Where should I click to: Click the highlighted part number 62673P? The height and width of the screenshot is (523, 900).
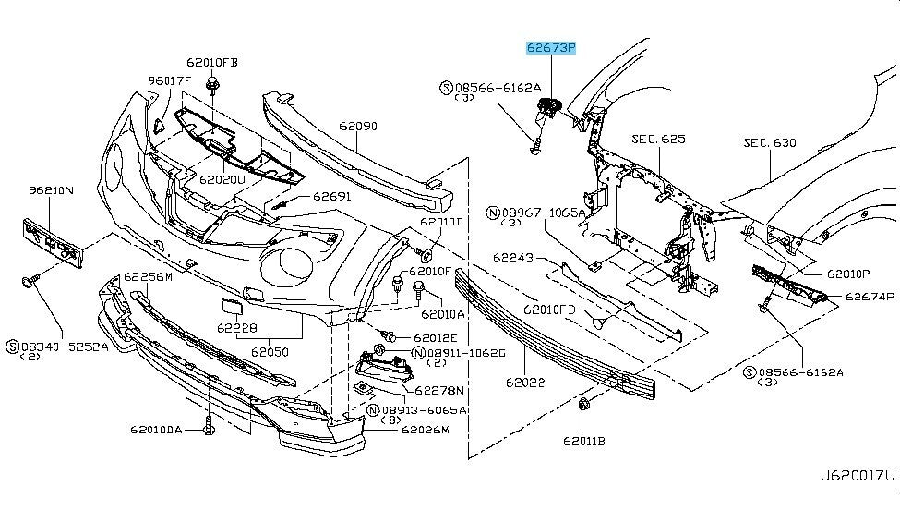pos(550,46)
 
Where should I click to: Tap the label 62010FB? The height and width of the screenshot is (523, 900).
pos(212,63)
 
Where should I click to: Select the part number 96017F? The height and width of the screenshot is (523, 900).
pos(168,80)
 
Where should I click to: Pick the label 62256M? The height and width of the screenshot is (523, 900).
pos(149,276)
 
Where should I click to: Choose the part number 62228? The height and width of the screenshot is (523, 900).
pos(237,328)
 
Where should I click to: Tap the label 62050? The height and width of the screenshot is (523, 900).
pos(271,351)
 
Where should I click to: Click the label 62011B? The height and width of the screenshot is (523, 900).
pos(587,441)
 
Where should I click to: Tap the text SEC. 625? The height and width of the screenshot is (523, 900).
pos(658,140)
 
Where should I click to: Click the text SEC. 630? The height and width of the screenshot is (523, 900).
pos(769,143)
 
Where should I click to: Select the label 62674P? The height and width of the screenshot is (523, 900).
pos(870,297)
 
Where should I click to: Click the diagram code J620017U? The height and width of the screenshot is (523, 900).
pos(858,477)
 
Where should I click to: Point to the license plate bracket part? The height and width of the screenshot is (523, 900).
pos(53,242)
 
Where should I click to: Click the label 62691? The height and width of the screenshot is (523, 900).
pos(331,196)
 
